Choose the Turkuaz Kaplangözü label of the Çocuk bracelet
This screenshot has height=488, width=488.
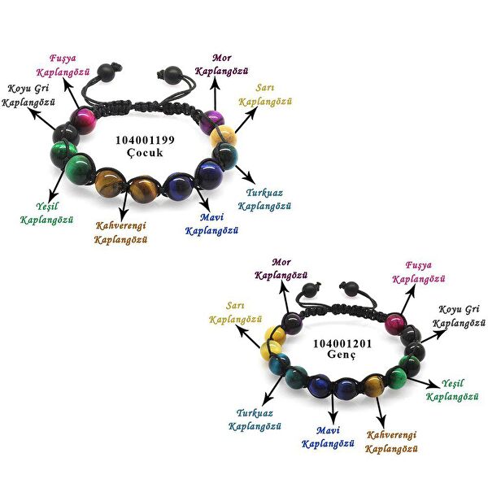pos(264,200)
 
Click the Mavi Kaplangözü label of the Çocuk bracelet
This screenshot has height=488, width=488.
pos(211,224)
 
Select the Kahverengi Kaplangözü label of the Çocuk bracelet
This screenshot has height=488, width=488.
pos(121,233)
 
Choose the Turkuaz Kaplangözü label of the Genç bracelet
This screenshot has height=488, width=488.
pos(255,419)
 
